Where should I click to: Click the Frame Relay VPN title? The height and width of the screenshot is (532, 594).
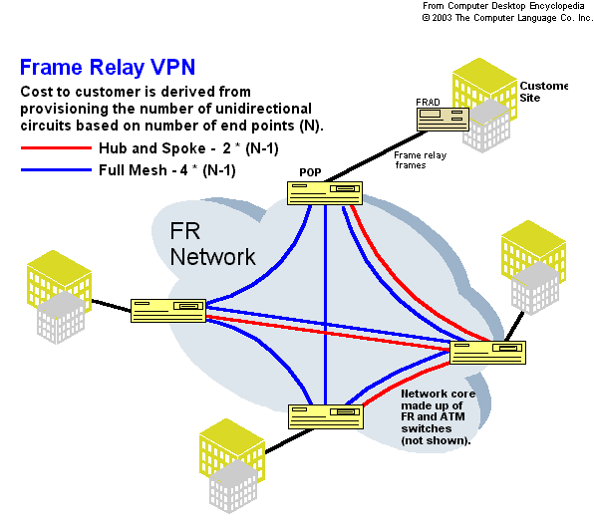pyautogui.click(x=108, y=68)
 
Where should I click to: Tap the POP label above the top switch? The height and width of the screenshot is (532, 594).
pyautogui.click(x=310, y=172)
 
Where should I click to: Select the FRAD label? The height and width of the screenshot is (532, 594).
pyautogui.click(x=428, y=103)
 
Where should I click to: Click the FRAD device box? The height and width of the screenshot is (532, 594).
pyautogui.click(x=443, y=120)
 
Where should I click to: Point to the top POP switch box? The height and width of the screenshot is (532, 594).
pyautogui.click(x=325, y=193)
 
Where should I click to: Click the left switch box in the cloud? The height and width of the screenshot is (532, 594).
pyautogui.click(x=168, y=311)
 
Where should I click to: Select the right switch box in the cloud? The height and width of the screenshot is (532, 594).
pyautogui.click(x=487, y=353)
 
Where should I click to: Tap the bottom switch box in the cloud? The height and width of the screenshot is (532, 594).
pyautogui.click(x=326, y=416)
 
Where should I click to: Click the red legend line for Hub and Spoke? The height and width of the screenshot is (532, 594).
pyautogui.click(x=56, y=147)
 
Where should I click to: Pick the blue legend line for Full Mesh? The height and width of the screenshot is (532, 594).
pyautogui.click(x=56, y=170)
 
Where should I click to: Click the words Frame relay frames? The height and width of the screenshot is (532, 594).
pyautogui.click(x=421, y=160)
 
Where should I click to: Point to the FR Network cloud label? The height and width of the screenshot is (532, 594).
pyautogui.click(x=212, y=244)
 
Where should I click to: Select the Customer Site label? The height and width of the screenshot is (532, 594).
pyautogui.click(x=543, y=92)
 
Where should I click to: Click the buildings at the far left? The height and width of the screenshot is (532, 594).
pyautogui.click(x=60, y=297)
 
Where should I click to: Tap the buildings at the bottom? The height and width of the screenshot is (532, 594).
pyautogui.click(x=232, y=465)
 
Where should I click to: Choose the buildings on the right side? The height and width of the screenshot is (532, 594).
pyautogui.click(x=534, y=268)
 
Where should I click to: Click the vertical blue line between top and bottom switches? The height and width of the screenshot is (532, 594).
pyautogui.click(x=325, y=305)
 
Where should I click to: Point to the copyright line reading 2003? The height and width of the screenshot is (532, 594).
pyautogui.click(x=507, y=18)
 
